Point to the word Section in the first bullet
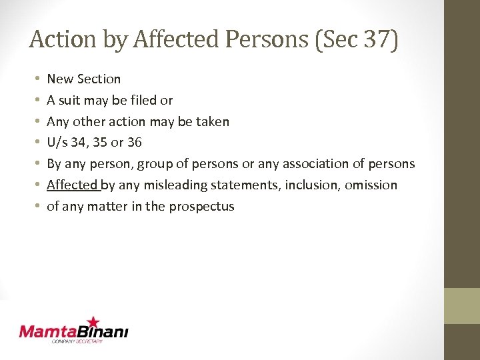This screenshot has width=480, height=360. click(x=99, y=79)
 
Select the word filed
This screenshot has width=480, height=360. click(x=143, y=100)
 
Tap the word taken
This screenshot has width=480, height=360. click(x=213, y=121)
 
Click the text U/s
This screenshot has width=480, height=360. click(x=57, y=143)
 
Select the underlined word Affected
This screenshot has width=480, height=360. click(x=72, y=185)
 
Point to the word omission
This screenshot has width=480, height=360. click(x=371, y=185)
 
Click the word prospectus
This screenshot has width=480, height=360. click(x=201, y=207)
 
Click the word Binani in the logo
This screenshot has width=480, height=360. click(x=103, y=331)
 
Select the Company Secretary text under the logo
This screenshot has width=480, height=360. click(x=77, y=341)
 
